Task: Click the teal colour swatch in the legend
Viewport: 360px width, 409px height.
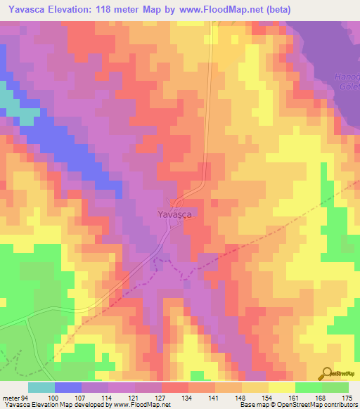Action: (41, 387)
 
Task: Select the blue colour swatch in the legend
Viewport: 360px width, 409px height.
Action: (68, 387)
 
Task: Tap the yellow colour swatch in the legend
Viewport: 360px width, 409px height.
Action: (282, 387)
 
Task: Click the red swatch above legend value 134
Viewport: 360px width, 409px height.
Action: (175, 387)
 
